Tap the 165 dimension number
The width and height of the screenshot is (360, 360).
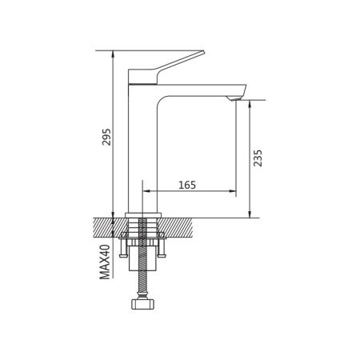187,185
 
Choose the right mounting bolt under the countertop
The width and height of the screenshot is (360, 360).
162,250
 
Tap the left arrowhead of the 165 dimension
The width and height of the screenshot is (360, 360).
146,193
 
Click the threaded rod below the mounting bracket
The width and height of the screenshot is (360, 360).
143,276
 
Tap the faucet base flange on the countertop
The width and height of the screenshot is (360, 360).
144,213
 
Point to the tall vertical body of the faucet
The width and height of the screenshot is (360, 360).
143,144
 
